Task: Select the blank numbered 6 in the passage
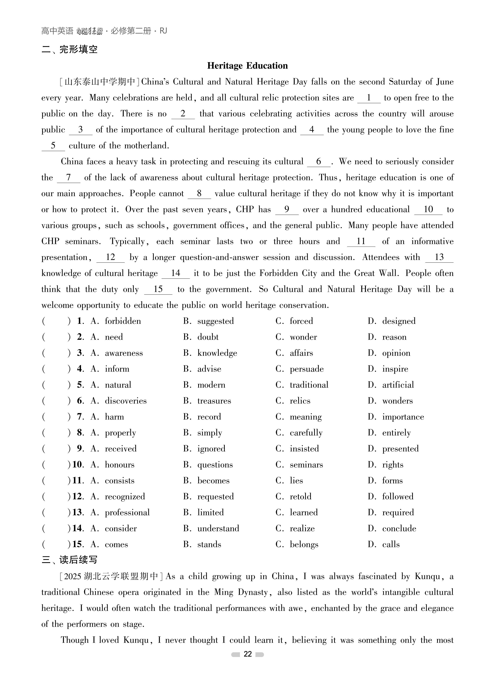tap(319, 162)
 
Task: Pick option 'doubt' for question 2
tap(208, 337)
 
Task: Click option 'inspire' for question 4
tap(395, 369)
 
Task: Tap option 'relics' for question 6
tap(300, 401)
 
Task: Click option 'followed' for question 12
tap(398, 497)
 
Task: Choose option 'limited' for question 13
tap(210, 513)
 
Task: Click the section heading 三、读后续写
tap(69, 559)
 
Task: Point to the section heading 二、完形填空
tap(69, 49)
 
